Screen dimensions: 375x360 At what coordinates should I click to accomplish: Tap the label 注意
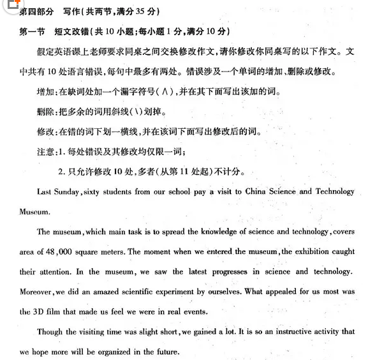point(47,151)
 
